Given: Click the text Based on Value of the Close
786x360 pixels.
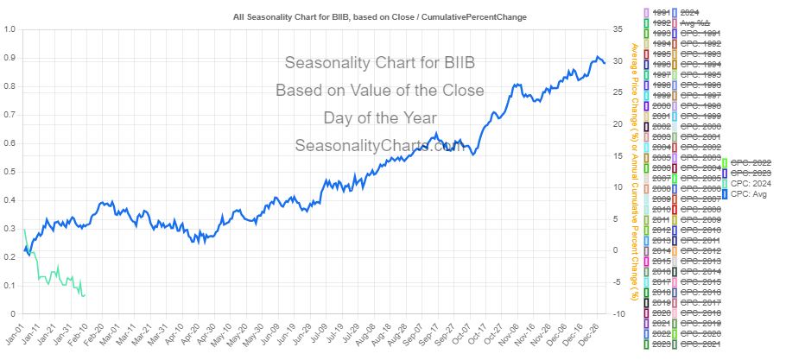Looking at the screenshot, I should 380,90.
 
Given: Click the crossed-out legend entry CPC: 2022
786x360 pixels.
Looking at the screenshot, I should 751,161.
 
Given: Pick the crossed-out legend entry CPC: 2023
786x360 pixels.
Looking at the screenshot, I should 751,173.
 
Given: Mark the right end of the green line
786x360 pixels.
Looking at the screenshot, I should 85,295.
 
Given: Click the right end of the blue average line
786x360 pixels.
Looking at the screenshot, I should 605,62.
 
